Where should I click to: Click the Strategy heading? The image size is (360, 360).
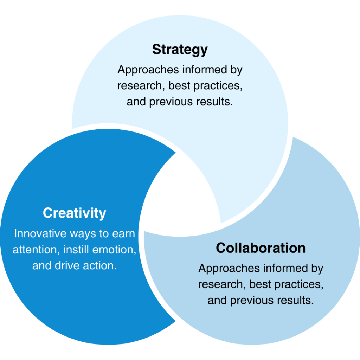click(180, 50)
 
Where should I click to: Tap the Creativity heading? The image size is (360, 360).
click(74, 213)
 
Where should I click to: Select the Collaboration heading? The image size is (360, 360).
click(261, 248)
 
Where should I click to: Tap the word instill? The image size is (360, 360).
click(76, 250)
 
